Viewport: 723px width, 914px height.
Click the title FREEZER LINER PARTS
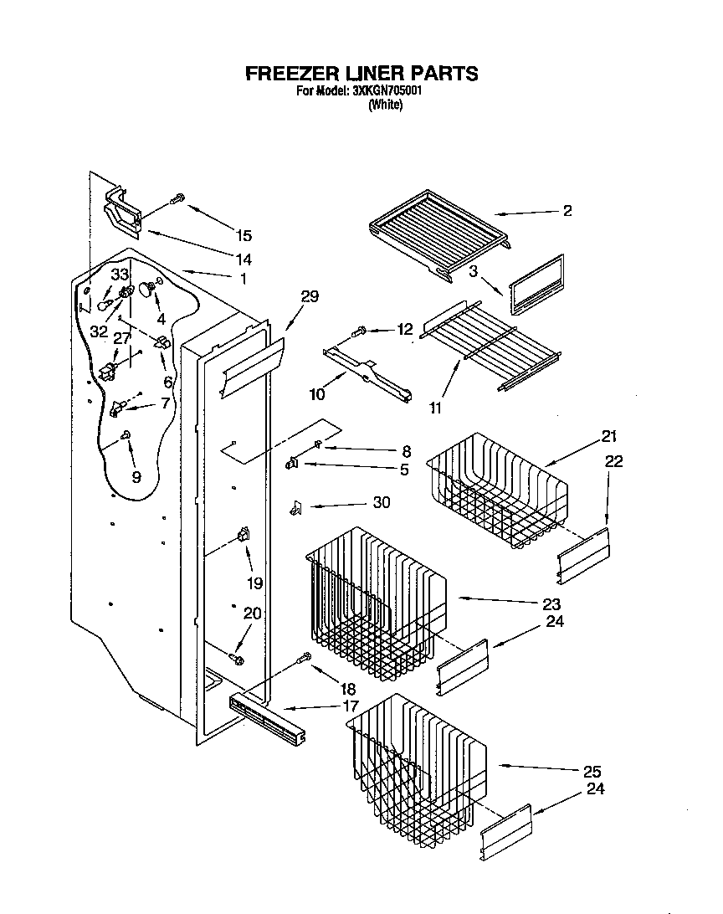[361, 74]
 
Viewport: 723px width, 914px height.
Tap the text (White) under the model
[385, 105]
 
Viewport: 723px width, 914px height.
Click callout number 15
[243, 236]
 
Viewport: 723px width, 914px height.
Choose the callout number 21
[608, 435]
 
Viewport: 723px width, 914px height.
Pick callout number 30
[381, 503]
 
